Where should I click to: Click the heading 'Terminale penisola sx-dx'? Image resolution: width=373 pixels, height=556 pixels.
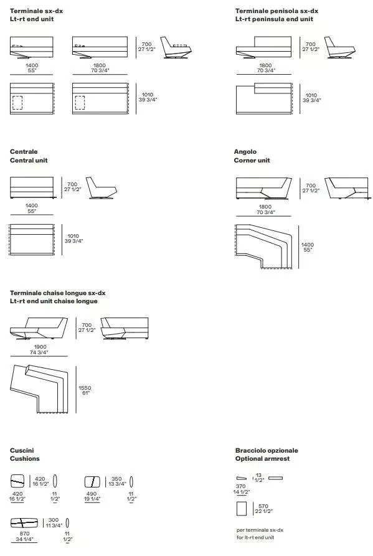pyautogui.click(x=276, y=11)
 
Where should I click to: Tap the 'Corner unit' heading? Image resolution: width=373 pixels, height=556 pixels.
pyautogui.click(x=252, y=160)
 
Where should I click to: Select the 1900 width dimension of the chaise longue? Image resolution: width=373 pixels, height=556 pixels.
pyautogui.click(x=40, y=347)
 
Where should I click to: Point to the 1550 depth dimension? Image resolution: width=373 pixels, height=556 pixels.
pyautogui.click(x=85, y=388)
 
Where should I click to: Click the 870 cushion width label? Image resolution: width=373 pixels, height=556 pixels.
pyautogui.click(x=24, y=534)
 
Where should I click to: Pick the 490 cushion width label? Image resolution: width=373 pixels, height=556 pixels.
pyautogui.click(x=92, y=494)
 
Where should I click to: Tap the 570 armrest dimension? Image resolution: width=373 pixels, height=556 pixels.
pyautogui.click(x=263, y=506)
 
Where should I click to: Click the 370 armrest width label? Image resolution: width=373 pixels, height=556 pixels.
pyautogui.click(x=241, y=486)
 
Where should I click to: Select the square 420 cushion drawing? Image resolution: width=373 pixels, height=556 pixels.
pyautogui.click(x=17, y=481)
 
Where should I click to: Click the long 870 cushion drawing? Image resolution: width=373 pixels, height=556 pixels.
pyautogui.click(x=24, y=522)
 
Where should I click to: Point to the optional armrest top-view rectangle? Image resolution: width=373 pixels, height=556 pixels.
pyautogui.click(x=242, y=509)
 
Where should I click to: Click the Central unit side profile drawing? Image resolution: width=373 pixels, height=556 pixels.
pyautogui.click(x=101, y=188)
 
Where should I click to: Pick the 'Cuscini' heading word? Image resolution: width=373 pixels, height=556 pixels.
pyautogui.click(x=22, y=450)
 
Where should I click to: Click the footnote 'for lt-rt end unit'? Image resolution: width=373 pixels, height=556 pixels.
pyautogui.click(x=255, y=537)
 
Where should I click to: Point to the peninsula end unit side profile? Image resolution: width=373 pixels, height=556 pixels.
pyautogui.click(x=339, y=47)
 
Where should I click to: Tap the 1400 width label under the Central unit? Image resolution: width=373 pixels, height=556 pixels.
pyautogui.click(x=32, y=205)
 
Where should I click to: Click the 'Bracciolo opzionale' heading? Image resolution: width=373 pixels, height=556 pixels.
pyautogui.click(x=267, y=450)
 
